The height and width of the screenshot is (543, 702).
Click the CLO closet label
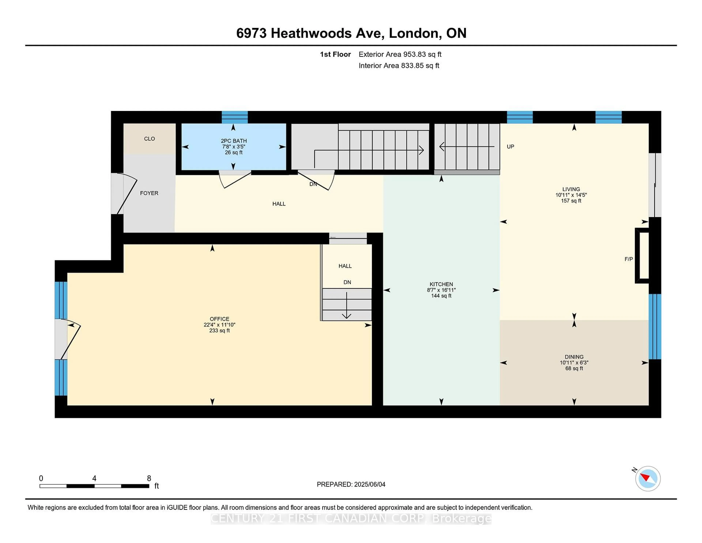click(149, 139)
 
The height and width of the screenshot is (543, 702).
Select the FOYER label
click(149, 193)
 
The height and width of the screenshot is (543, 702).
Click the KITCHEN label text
click(441, 284)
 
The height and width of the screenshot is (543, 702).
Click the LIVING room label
click(571, 189)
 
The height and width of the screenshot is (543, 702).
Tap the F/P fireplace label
click(628, 259)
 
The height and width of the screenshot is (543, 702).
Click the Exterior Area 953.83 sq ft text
click(400, 54)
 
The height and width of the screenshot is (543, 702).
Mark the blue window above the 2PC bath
click(235, 117)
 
